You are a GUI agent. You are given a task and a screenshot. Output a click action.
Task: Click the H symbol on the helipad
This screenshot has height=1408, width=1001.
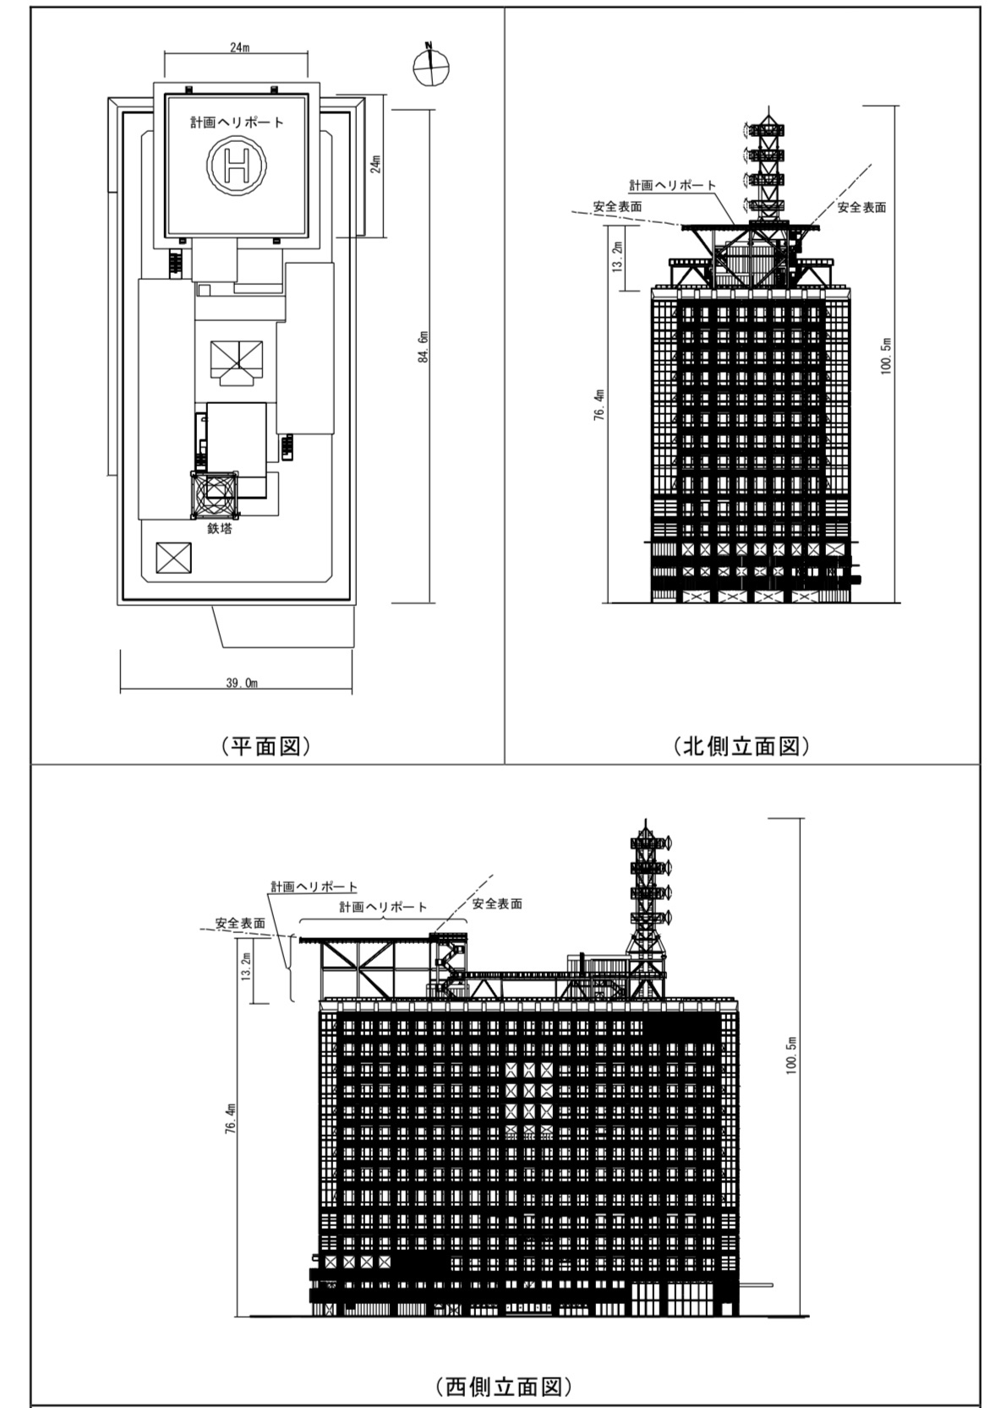(237, 164)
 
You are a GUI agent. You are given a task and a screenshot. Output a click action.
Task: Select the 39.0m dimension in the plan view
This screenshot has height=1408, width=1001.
(242, 683)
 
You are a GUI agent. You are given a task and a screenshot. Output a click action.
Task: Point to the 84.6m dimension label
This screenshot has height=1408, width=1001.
(424, 347)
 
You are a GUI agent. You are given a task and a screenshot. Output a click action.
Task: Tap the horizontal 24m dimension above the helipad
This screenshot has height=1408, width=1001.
(237, 48)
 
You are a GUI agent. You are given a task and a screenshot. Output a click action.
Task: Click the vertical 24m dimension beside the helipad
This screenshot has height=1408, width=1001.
(375, 164)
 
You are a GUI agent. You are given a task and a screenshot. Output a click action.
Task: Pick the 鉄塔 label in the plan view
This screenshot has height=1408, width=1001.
(220, 528)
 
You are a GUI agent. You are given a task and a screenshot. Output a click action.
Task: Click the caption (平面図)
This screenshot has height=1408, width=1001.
(265, 745)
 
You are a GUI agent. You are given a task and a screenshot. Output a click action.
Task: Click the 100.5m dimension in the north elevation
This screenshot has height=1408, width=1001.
(886, 356)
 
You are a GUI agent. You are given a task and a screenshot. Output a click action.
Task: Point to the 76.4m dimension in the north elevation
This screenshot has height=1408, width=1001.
(599, 404)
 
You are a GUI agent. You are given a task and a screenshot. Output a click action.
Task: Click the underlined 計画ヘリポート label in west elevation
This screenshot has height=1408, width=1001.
(314, 887)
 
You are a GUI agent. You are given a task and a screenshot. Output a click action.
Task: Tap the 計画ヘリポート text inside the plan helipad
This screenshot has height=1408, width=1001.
(237, 123)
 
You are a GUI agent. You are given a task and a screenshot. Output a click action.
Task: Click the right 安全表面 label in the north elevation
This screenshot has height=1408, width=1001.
(862, 207)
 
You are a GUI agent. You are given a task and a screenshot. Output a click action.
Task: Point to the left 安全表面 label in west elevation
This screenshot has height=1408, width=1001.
(240, 923)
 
